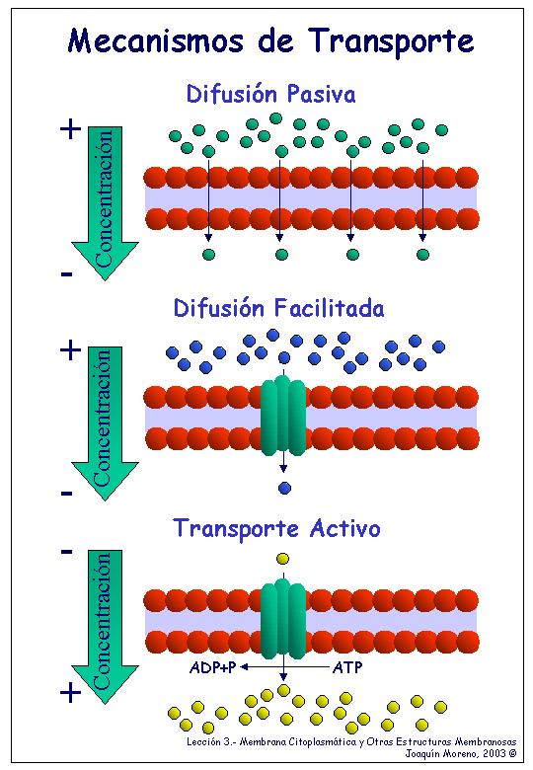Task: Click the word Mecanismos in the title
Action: (155, 40)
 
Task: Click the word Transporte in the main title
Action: (392, 42)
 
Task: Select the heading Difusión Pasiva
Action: (270, 94)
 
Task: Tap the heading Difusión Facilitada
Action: (278, 308)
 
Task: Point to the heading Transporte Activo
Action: (277, 528)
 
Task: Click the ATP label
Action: (347, 667)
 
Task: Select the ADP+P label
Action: (212, 667)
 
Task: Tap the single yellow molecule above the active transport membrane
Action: (282, 559)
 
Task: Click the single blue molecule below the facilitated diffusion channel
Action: (284, 488)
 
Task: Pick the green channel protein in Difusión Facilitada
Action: (283, 415)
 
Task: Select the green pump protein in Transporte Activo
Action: (283, 618)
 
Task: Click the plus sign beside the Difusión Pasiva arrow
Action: (71, 129)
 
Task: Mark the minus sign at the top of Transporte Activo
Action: (67, 552)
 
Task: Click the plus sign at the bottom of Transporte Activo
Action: (71, 693)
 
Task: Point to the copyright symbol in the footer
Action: (513, 753)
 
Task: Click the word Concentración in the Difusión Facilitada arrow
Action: (103, 418)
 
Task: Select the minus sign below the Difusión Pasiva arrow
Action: (67, 274)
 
